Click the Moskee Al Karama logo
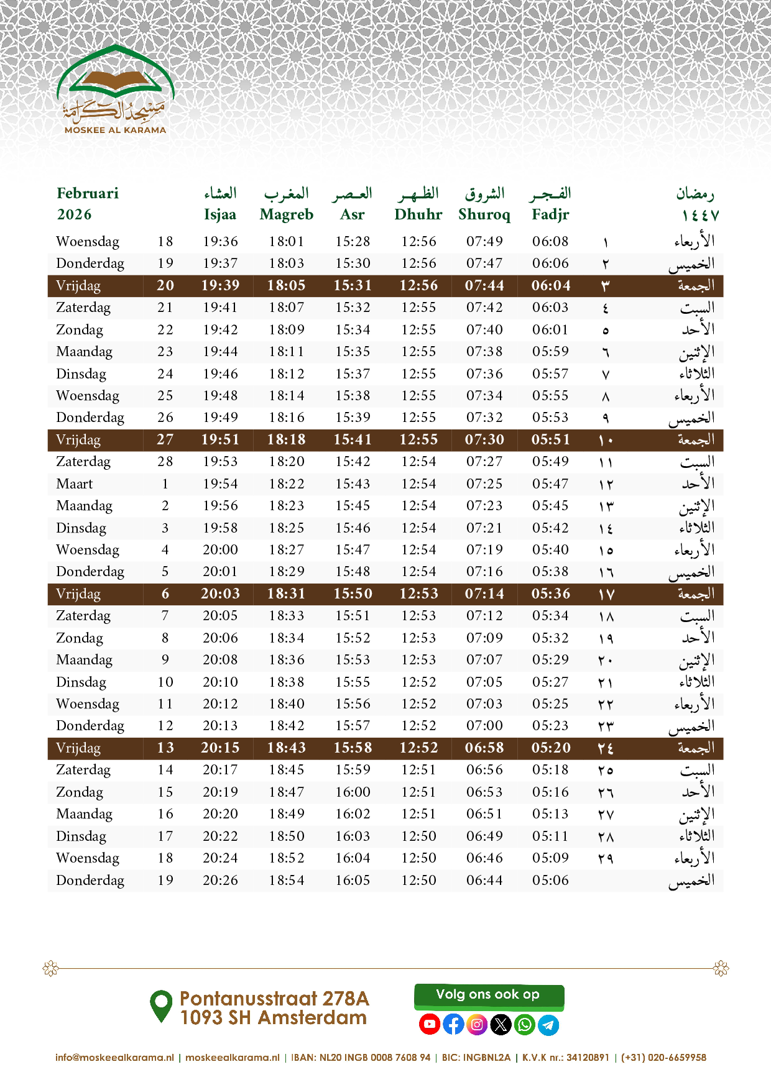[115, 90]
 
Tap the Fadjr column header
[550, 214]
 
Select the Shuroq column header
[484, 214]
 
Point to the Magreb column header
[287, 214]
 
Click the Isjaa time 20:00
[220, 550]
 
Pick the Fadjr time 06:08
[550, 241]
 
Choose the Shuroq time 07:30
[484, 439]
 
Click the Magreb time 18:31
[287, 593]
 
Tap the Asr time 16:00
[353, 792]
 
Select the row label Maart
[75, 483]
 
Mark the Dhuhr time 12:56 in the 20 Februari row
[418, 285]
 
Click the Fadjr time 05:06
[550, 880]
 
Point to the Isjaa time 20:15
[220, 748]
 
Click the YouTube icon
[430, 1024]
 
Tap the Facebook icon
[453, 1024]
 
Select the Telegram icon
[548, 1024]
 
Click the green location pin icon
[161, 1006]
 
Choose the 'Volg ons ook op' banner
[489, 995]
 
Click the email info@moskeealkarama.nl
[114, 1057]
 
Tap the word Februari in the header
[88, 193]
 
